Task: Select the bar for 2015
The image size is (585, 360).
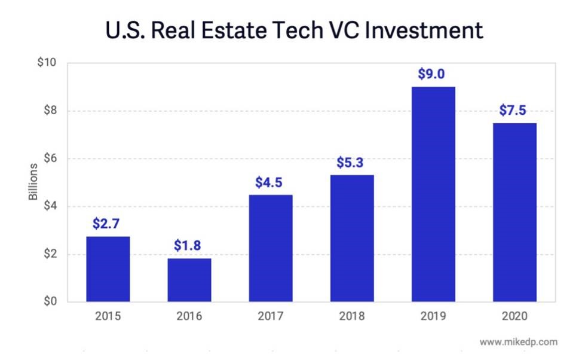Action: pos(108,269)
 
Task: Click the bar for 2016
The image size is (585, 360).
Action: pos(189,280)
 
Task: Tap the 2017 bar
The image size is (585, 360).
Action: pos(270,248)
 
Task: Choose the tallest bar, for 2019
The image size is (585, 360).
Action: pos(433,194)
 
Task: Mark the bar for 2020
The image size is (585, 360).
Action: pos(514,212)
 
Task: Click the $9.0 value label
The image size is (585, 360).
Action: pos(433,75)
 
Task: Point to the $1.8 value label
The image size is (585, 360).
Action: pos(189,246)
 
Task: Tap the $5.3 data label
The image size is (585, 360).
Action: pos(352,163)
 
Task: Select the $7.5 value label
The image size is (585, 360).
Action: pos(514,111)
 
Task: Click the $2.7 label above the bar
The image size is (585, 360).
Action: pos(108,224)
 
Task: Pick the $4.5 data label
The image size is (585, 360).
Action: pos(270,182)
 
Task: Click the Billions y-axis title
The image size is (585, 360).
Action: pos(34,182)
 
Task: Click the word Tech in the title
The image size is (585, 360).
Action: pos(323,30)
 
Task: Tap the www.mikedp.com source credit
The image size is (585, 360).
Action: pos(518,342)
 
